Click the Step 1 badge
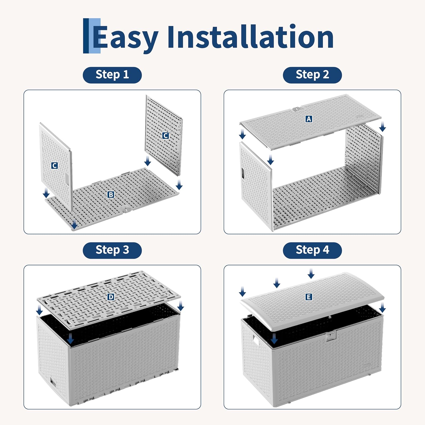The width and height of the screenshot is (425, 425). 112,75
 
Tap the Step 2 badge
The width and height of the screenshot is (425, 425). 312,75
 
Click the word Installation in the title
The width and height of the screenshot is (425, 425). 250,37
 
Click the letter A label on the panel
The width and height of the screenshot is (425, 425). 309,119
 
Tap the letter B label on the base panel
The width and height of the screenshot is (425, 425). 111,195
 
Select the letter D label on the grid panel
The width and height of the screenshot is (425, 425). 111,297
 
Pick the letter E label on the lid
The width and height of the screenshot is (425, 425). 309,297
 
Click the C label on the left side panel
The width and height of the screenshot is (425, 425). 54,165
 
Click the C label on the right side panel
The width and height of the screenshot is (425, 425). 165,136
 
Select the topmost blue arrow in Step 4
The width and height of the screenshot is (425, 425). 311,274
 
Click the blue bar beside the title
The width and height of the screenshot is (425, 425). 92,36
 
